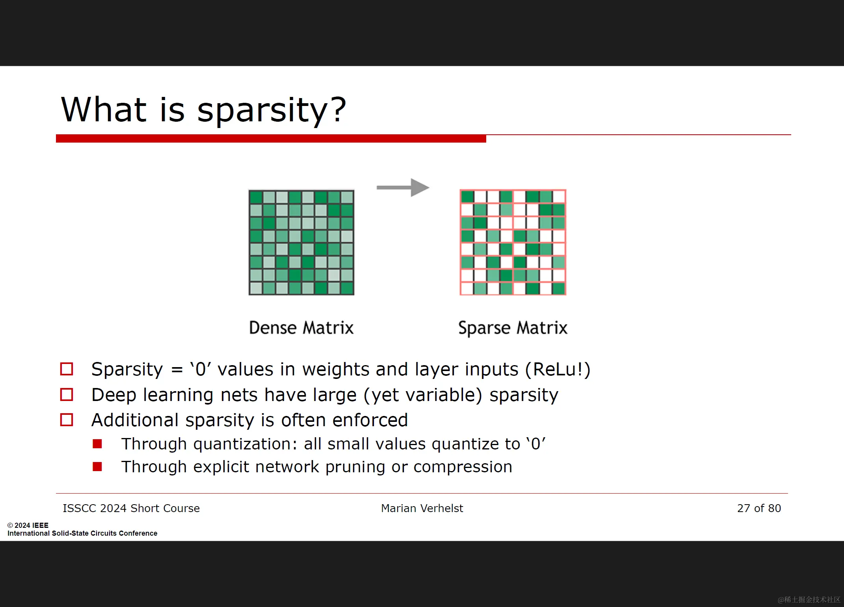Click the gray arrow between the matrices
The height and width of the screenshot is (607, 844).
[x=403, y=187]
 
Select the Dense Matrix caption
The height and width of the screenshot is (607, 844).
[x=301, y=328]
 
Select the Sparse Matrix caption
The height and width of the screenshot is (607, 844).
[x=513, y=328]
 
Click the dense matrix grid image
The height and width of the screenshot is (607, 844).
[x=301, y=242]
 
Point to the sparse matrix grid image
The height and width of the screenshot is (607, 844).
[x=513, y=242]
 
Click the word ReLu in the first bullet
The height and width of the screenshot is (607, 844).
[x=555, y=369]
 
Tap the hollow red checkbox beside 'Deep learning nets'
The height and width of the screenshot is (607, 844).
[x=67, y=394]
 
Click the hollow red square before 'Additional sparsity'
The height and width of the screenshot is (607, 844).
[x=67, y=420]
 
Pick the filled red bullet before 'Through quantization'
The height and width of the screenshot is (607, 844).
[x=97, y=444]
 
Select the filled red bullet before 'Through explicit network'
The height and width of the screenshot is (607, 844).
[x=97, y=467]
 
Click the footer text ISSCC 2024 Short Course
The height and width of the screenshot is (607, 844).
[x=131, y=508]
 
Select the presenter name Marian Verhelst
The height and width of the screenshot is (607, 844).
[x=422, y=508]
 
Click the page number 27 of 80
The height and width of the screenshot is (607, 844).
[x=759, y=508]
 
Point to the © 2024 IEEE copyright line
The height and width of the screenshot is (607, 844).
[x=28, y=525]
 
